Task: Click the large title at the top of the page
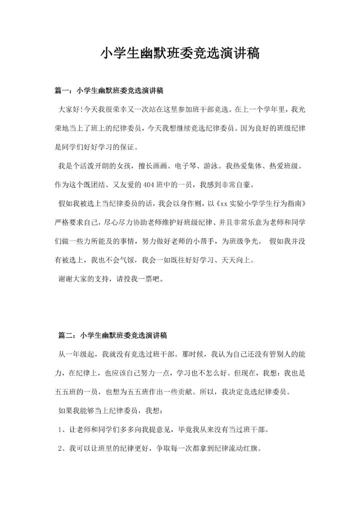(180, 53)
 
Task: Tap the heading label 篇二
(67, 335)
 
